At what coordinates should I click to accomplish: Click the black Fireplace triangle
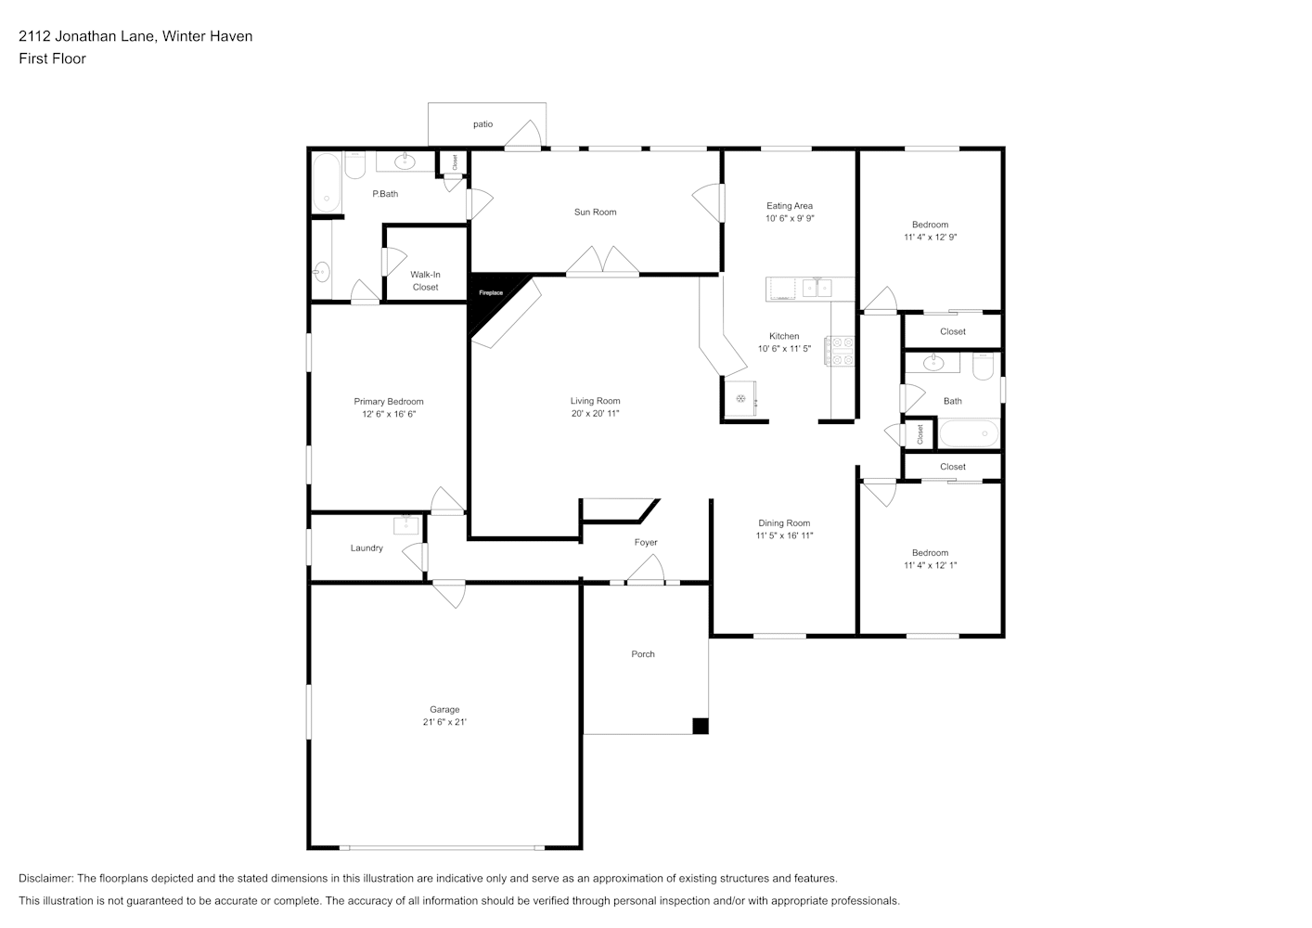(489, 296)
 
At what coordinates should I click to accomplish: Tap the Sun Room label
(595, 213)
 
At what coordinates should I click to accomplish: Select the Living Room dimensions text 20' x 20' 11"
(595, 414)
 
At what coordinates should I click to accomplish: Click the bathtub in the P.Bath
(327, 182)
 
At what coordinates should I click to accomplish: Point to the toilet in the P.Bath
(355, 166)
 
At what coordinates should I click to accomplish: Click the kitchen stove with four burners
(840, 351)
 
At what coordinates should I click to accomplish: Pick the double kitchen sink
(817, 288)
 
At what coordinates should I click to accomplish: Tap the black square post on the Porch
(701, 726)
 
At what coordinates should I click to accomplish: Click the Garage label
(444, 710)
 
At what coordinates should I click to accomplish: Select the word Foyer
(646, 543)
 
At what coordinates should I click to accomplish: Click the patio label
(483, 124)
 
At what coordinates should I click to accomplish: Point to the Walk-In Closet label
(425, 280)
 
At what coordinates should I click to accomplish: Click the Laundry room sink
(405, 525)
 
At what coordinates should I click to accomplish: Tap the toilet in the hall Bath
(983, 367)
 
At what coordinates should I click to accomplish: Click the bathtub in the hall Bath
(969, 433)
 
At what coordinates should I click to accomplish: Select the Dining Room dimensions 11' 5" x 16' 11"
(784, 535)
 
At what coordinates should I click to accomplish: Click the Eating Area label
(790, 206)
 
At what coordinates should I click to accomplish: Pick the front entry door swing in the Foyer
(646, 569)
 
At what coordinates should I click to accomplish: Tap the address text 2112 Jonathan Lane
(87, 36)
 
